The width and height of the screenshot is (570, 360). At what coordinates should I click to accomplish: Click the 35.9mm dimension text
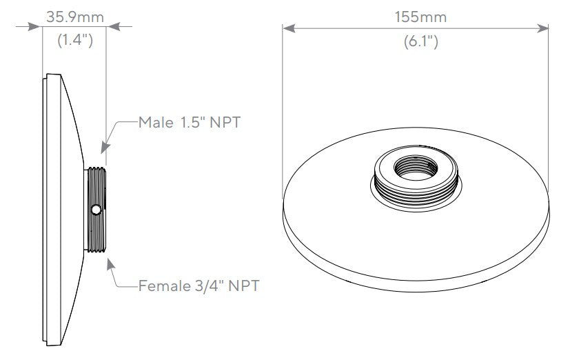click(74, 14)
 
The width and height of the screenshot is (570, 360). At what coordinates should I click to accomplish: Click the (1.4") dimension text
click(74, 41)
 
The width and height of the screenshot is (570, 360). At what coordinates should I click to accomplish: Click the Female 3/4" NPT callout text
click(199, 285)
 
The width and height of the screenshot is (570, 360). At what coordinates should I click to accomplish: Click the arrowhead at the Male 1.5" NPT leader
click(103, 147)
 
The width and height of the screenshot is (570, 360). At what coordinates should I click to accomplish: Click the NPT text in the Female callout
click(243, 285)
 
